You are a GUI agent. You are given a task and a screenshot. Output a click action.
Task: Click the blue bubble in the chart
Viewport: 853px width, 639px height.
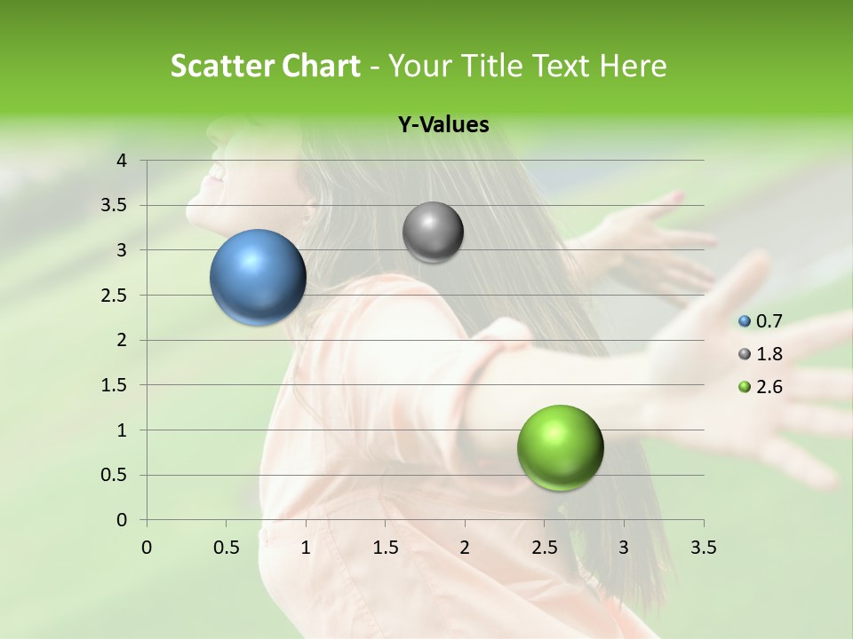[258, 277]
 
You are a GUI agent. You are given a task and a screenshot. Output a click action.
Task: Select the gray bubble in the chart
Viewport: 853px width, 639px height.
[433, 233]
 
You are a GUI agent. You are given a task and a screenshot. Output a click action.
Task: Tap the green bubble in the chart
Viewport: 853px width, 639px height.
[560, 447]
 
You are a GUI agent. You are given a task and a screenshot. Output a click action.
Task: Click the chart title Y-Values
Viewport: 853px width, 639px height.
[443, 125]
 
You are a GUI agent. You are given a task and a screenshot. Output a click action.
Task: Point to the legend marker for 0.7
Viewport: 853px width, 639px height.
[745, 321]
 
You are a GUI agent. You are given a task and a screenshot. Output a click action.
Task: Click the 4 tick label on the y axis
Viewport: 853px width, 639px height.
[122, 161]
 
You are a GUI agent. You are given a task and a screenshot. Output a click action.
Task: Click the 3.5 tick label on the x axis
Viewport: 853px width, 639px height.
[703, 548]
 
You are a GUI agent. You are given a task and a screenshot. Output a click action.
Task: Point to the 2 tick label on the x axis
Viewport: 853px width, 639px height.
[465, 548]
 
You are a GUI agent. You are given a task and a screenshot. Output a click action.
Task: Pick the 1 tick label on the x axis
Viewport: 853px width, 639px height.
[306, 548]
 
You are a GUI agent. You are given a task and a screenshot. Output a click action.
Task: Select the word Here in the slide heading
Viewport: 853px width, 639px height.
[634, 66]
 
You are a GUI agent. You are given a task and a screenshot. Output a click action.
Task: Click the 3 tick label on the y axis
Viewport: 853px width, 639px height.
[122, 250]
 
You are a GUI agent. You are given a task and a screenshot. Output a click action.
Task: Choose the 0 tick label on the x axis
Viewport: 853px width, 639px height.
[147, 548]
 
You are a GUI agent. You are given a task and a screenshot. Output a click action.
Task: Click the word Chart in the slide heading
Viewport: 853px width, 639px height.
[318, 66]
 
